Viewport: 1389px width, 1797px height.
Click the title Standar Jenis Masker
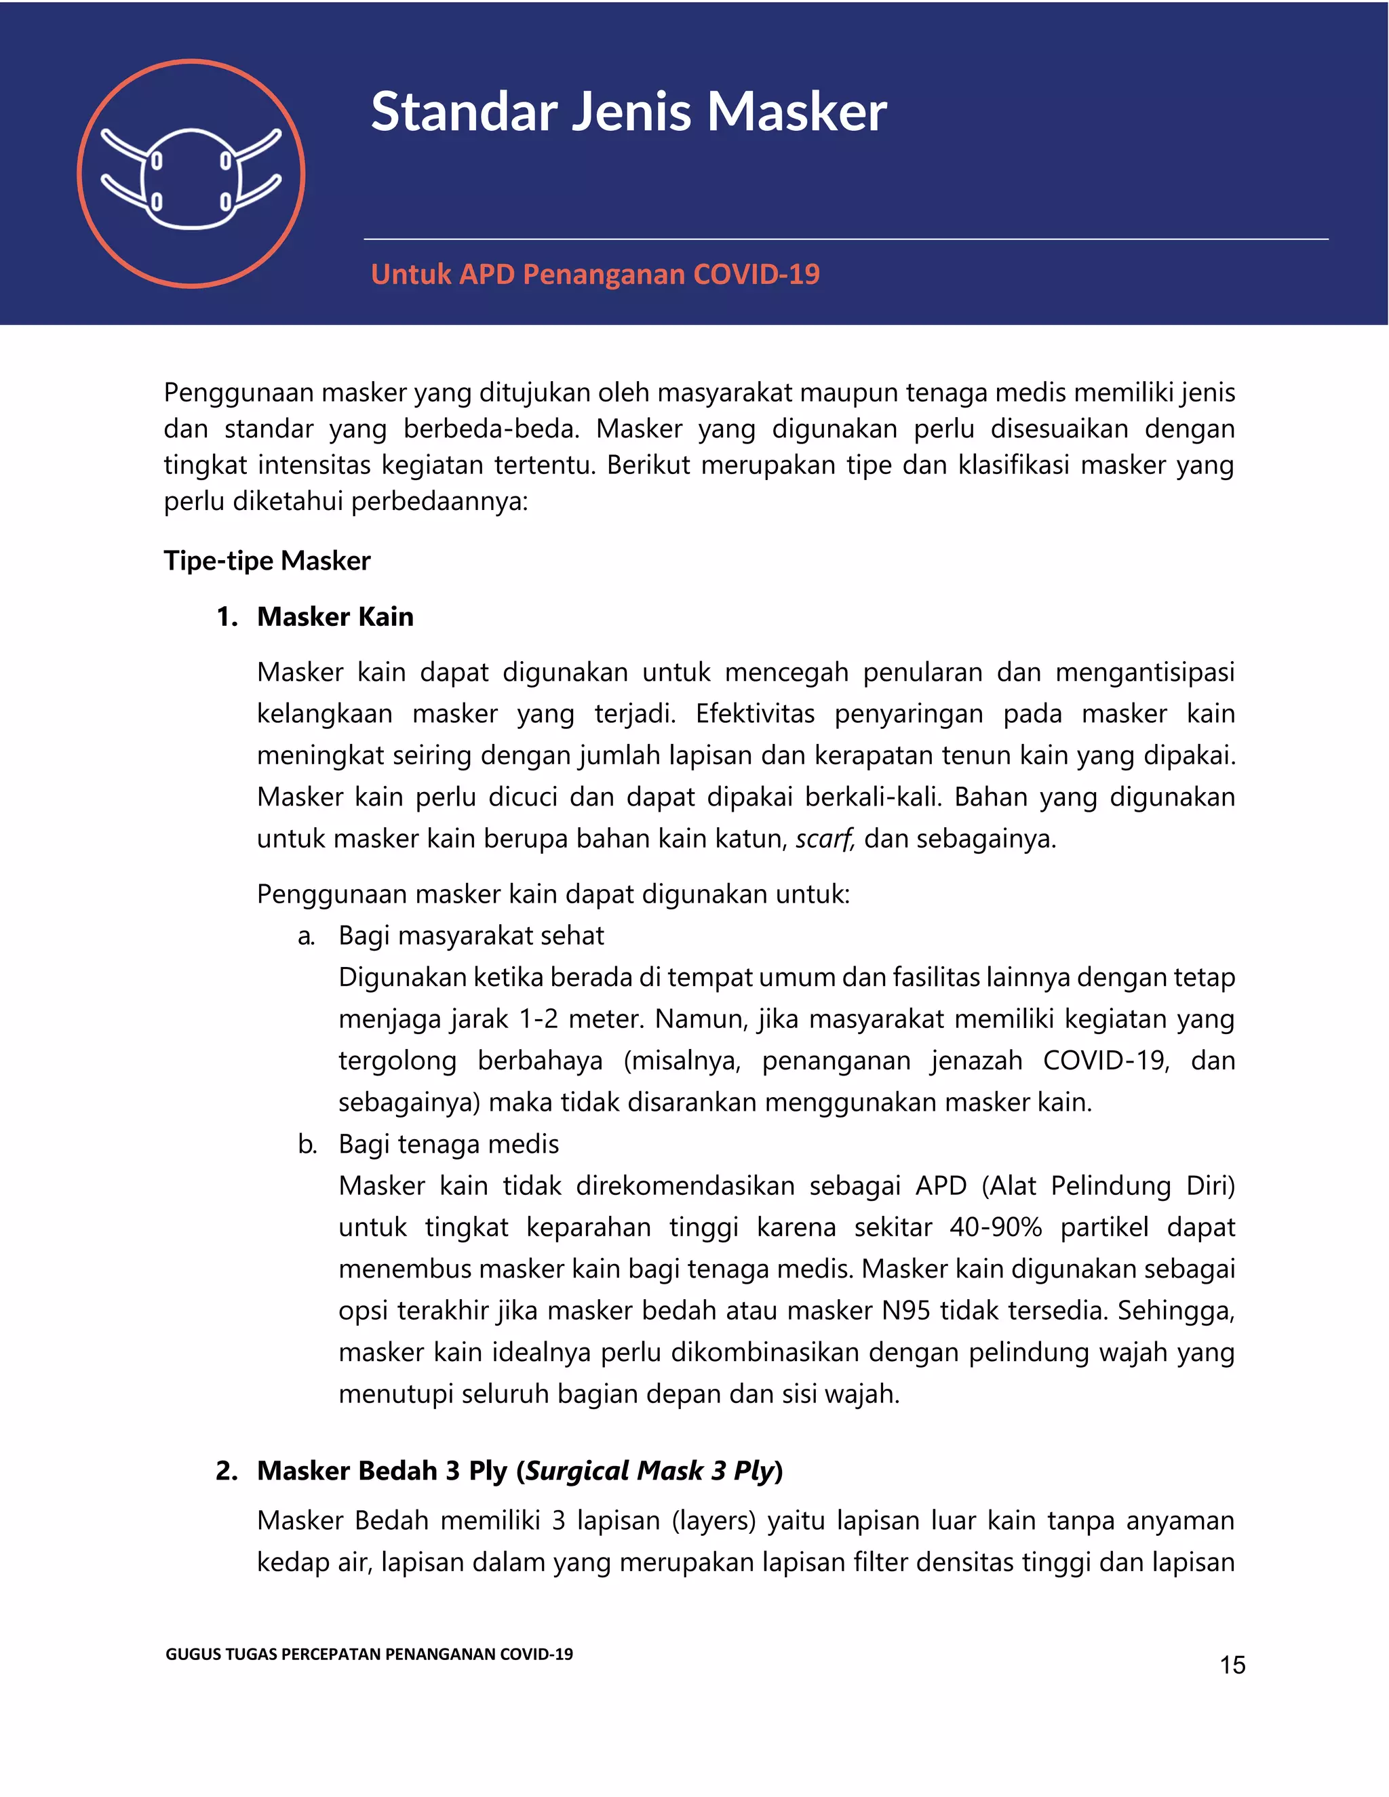coord(629,111)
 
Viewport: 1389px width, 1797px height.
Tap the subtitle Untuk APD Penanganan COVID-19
coord(595,274)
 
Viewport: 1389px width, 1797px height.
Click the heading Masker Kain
coord(335,616)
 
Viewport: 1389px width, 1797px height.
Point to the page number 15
coord(1232,1665)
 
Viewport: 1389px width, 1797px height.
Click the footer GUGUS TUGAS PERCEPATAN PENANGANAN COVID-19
coord(369,1654)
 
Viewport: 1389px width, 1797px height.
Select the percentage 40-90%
coord(996,1227)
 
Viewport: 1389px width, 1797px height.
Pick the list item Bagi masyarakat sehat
coord(471,936)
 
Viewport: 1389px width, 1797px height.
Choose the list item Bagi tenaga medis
coord(448,1144)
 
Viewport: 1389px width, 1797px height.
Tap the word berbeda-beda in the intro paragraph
coord(491,429)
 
